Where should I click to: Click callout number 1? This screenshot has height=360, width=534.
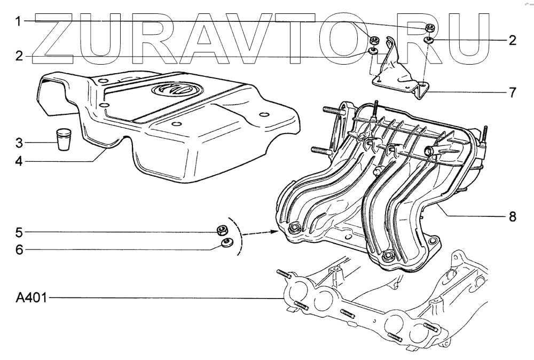click(18, 22)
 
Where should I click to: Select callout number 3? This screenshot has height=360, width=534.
click(19, 143)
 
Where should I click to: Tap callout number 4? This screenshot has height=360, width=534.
click(19, 159)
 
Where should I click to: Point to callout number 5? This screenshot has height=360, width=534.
click(19, 232)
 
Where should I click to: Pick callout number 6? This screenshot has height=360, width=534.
click(19, 249)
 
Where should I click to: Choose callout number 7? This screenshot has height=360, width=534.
click(512, 93)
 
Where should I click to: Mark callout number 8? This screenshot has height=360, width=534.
click(512, 216)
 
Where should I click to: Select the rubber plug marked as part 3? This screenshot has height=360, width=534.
click(64, 139)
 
